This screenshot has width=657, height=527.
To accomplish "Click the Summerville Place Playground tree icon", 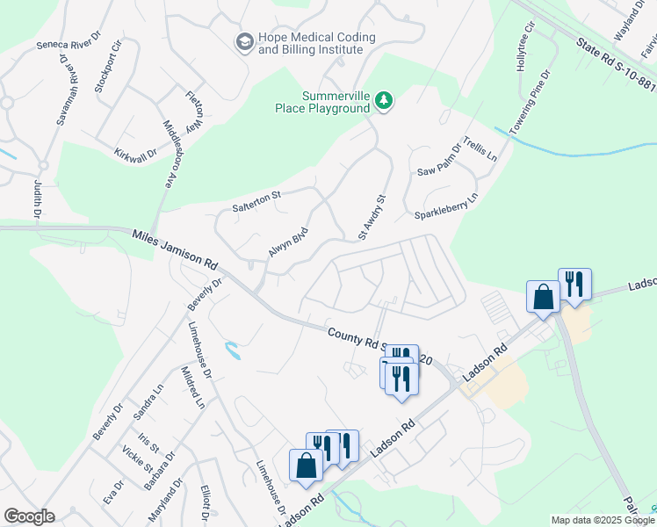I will [x=383, y=102].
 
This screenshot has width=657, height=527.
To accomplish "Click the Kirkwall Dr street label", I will [x=135, y=153].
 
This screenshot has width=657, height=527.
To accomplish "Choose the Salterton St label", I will [x=255, y=201].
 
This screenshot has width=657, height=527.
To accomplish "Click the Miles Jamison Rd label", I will [x=175, y=249].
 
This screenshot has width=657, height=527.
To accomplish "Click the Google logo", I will [x=29, y=516].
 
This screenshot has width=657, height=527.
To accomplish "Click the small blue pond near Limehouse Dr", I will [x=232, y=351].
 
